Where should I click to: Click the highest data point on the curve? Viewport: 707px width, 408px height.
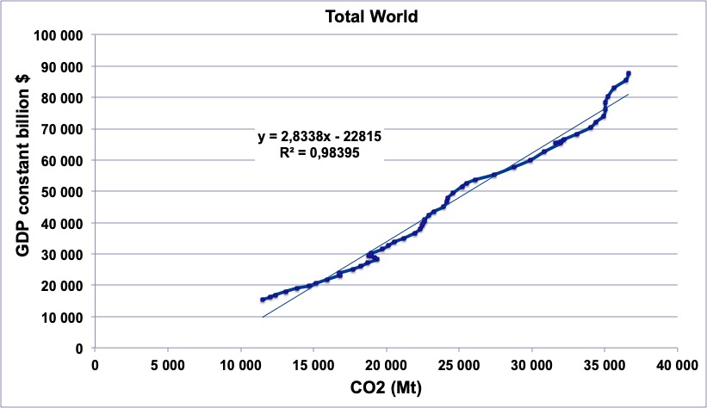[629, 74]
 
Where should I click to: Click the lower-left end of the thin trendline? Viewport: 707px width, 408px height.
[263, 318]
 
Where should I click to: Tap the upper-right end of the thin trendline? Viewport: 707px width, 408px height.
[629, 95]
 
